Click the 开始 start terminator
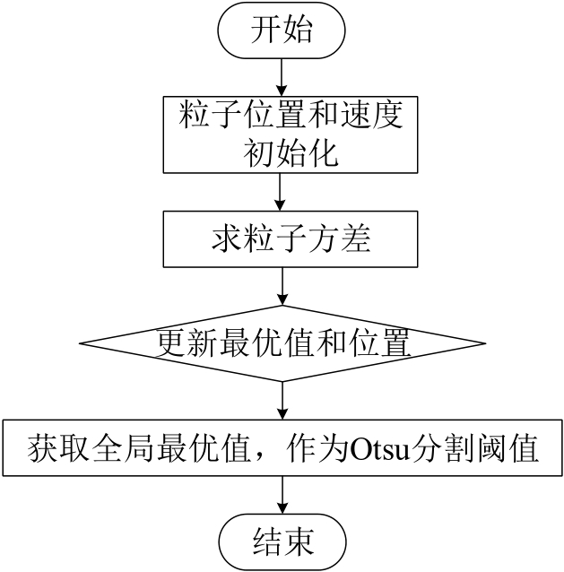click(282, 34)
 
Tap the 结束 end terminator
click(282, 541)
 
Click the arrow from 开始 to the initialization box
click(282, 75)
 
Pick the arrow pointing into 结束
click(282, 496)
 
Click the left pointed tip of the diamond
click(81, 342)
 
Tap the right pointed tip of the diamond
click(485, 342)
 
